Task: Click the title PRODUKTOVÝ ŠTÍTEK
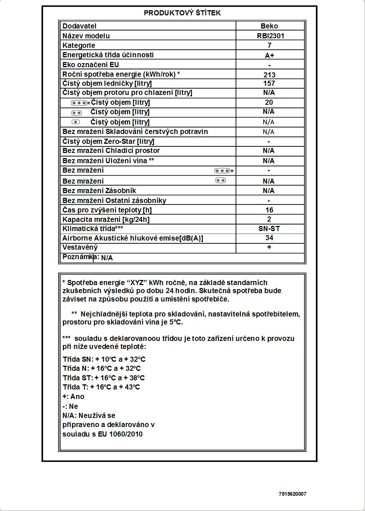(182, 13)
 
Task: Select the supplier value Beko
(269, 26)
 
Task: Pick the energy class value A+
(269, 55)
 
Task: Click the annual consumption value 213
(269, 75)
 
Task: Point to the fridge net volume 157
(269, 83)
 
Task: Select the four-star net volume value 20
(269, 103)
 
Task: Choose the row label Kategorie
(79, 46)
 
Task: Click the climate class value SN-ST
(269, 229)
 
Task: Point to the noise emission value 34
(269, 238)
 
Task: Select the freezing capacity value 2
(269, 219)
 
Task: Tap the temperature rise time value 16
(269, 210)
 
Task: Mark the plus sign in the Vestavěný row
(269, 247)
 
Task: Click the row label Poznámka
(78, 257)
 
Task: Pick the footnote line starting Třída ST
(104, 378)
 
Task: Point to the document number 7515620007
(292, 494)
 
